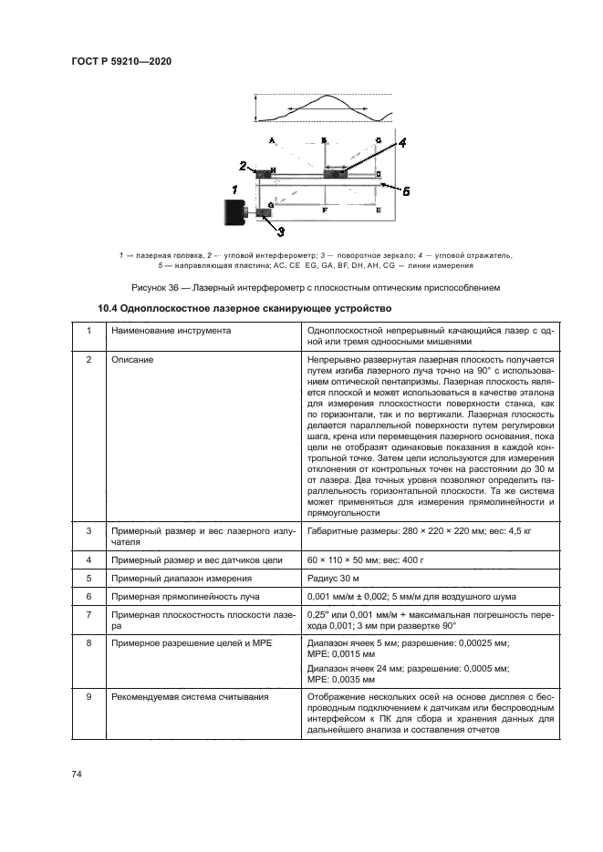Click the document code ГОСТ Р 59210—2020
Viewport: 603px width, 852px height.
(121, 61)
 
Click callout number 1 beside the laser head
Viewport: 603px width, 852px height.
(234, 190)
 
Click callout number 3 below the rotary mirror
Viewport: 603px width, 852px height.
(281, 231)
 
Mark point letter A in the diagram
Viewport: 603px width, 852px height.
(271, 140)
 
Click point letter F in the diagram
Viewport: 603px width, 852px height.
(325, 210)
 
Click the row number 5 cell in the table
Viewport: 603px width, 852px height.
(88, 577)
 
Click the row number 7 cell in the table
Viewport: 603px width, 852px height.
(88, 614)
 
